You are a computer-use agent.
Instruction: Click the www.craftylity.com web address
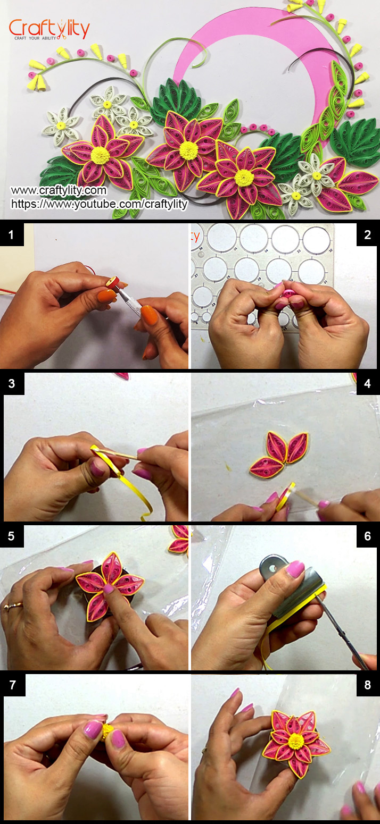click(59, 190)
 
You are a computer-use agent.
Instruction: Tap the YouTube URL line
click(99, 204)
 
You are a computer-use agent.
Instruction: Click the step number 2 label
click(367, 234)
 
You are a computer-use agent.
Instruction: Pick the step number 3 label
click(12, 383)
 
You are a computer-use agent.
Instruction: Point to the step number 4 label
click(367, 383)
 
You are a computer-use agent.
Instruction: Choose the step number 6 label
click(367, 536)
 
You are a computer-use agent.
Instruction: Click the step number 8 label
click(367, 685)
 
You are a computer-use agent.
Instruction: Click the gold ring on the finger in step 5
click(9, 606)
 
